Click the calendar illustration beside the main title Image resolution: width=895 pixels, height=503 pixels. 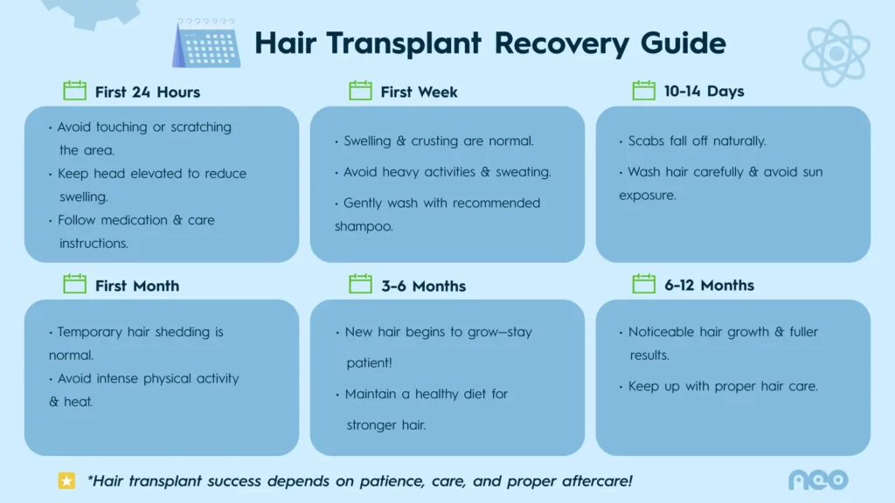[205, 44]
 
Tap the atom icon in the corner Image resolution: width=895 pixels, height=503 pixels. [836, 53]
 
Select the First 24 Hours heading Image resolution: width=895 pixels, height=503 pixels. [148, 92]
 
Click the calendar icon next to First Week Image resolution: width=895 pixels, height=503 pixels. [360, 91]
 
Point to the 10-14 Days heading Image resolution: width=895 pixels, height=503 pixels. [704, 91]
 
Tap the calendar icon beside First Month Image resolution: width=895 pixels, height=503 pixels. [75, 285]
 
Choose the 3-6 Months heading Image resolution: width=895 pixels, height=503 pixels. [423, 286]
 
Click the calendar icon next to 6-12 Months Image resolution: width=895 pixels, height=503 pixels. [644, 284]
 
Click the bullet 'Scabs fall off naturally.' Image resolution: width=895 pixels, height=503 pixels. [697, 141]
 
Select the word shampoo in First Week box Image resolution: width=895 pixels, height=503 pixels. [364, 226]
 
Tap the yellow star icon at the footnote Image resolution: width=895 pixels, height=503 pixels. [66, 480]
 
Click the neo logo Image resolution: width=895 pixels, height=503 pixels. [818, 479]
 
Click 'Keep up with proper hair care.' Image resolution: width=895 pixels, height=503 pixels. [722, 386]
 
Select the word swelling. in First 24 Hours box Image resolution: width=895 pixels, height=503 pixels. [83, 197]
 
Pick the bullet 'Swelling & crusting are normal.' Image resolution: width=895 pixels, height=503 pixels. [438, 141]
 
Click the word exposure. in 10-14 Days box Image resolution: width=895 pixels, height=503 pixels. [647, 196]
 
